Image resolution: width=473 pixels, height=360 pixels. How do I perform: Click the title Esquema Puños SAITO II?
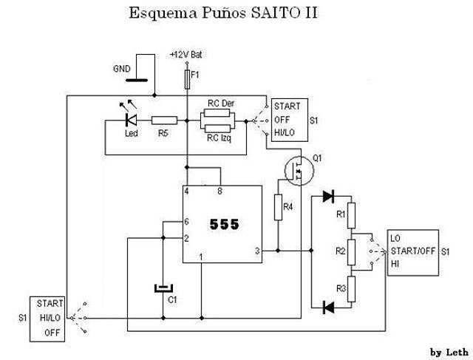click(x=223, y=13)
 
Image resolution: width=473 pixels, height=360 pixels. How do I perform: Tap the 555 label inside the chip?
click(x=225, y=224)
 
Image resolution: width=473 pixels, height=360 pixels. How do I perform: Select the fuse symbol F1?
click(x=187, y=79)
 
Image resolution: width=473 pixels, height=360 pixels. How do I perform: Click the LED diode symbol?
click(x=131, y=120)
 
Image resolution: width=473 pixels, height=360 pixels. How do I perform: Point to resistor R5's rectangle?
click(x=164, y=120)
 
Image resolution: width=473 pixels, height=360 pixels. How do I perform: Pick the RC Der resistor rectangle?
click(x=217, y=113)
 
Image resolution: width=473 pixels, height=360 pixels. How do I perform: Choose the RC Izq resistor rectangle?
click(x=217, y=128)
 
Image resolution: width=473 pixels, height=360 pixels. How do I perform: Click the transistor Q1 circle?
click(x=299, y=171)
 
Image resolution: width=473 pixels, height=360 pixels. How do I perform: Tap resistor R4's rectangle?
click(x=278, y=207)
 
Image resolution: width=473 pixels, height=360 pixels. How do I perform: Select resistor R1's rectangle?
click(x=351, y=215)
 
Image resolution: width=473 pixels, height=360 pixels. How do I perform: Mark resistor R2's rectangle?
click(x=351, y=252)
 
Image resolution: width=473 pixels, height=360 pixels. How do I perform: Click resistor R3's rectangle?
click(x=351, y=289)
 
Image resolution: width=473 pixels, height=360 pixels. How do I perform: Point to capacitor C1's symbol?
click(x=163, y=288)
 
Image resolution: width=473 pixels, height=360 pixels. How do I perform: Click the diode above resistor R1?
click(x=328, y=196)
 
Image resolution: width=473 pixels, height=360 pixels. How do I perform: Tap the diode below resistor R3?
click(x=328, y=308)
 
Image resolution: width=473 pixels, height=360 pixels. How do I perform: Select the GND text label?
click(x=122, y=69)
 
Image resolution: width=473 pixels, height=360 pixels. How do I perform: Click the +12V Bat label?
click(x=186, y=55)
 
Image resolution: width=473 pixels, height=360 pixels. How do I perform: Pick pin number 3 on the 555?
click(x=257, y=251)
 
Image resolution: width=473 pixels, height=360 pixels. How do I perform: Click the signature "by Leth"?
click(x=449, y=353)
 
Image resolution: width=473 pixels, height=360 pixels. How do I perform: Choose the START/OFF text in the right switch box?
click(x=413, y=251)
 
